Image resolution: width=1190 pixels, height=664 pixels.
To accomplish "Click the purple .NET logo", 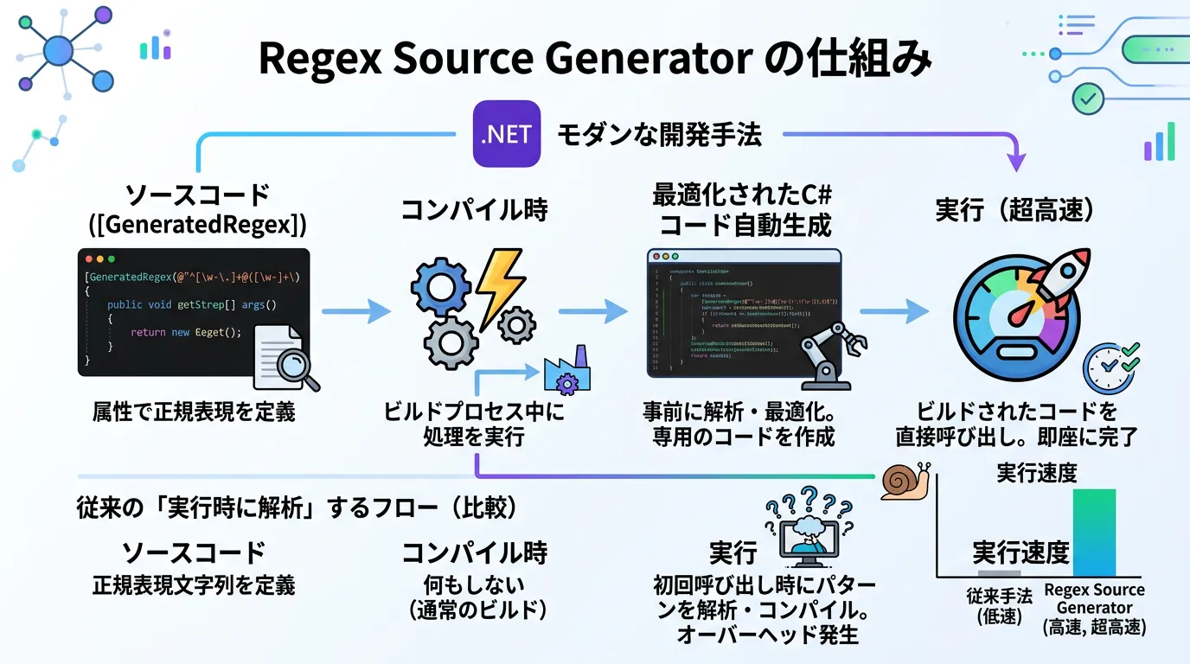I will [x=507, y=134].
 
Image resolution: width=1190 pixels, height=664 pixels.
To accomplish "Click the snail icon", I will [x=905, y=482].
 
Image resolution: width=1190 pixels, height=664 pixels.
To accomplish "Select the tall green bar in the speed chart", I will [x=1094, y=533].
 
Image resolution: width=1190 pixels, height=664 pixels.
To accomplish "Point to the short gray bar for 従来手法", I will [x=999, y=573].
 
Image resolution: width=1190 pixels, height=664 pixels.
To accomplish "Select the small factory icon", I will [x=566, y=373].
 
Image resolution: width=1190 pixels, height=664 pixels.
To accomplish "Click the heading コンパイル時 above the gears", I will [x=474, y=210].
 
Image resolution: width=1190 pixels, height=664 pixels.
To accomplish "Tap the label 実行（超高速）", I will [x=1027, y=210].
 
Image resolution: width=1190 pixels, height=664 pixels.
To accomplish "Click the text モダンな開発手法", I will [x=659, y=135].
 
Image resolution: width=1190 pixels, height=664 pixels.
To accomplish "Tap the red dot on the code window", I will [x=88, y=259].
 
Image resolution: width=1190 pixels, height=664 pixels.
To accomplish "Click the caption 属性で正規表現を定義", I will [x=194, y=412].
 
